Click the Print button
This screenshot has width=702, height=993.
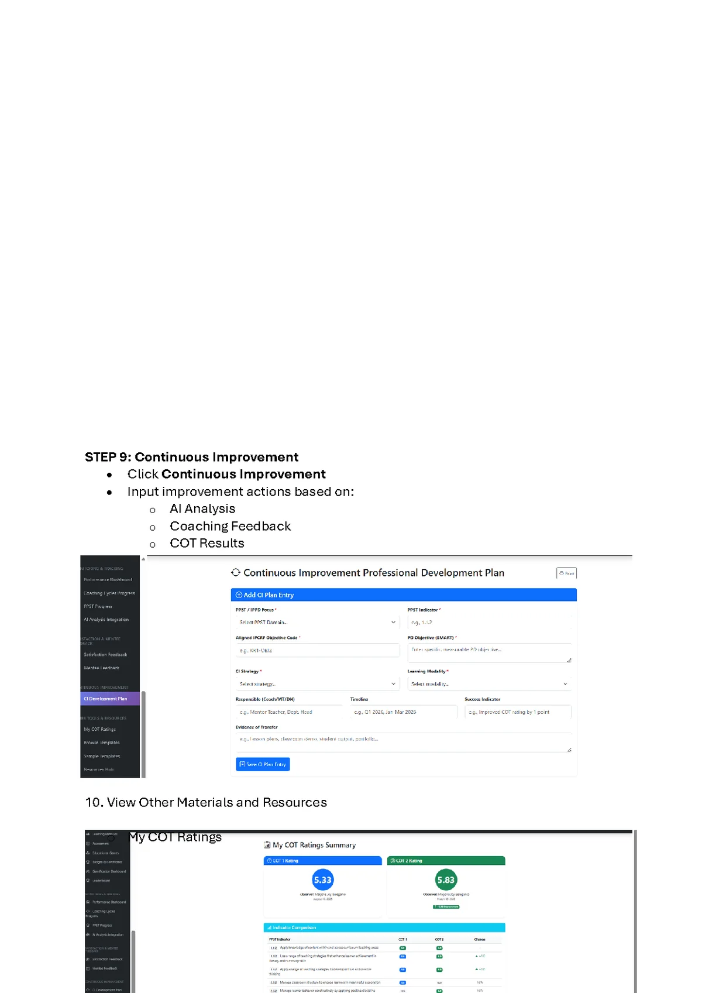pos(566,573)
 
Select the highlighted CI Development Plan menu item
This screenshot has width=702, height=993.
pos(110,699)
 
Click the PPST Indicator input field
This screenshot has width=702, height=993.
pos(489,622)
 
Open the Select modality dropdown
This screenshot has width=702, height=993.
pos(489,683)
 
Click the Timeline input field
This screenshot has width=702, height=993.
pos(403,712)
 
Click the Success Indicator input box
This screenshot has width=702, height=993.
pos(518,712)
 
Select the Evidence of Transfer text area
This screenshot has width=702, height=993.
pos(403,742)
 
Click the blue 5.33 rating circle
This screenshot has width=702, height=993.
pos(323,879)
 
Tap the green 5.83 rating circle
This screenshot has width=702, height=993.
pos(446,879)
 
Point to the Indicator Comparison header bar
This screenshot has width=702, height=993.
pos(384,927)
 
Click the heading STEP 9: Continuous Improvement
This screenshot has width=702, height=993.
pos(191,457)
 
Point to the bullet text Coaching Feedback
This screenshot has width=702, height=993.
pos(230,526)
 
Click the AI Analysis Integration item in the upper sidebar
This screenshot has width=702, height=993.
pos(106,620)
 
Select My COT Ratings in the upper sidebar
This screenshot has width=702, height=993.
pos(100,729)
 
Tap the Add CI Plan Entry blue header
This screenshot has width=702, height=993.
pos(403,595)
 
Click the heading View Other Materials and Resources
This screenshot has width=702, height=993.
pos(206,802)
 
